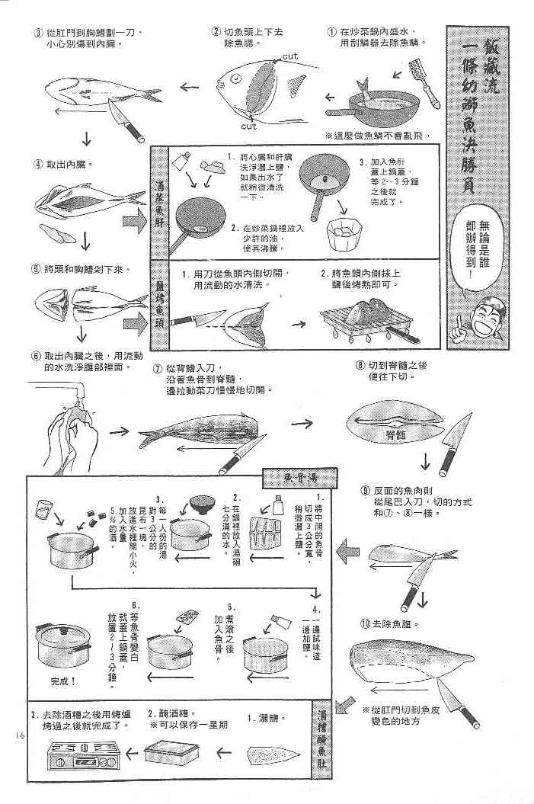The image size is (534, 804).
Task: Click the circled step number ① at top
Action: coord(332,32)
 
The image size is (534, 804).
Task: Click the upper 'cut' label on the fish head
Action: coord(289,56)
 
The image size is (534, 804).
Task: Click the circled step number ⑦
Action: coord(157,368)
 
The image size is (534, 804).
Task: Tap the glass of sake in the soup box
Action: coord(44,508)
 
